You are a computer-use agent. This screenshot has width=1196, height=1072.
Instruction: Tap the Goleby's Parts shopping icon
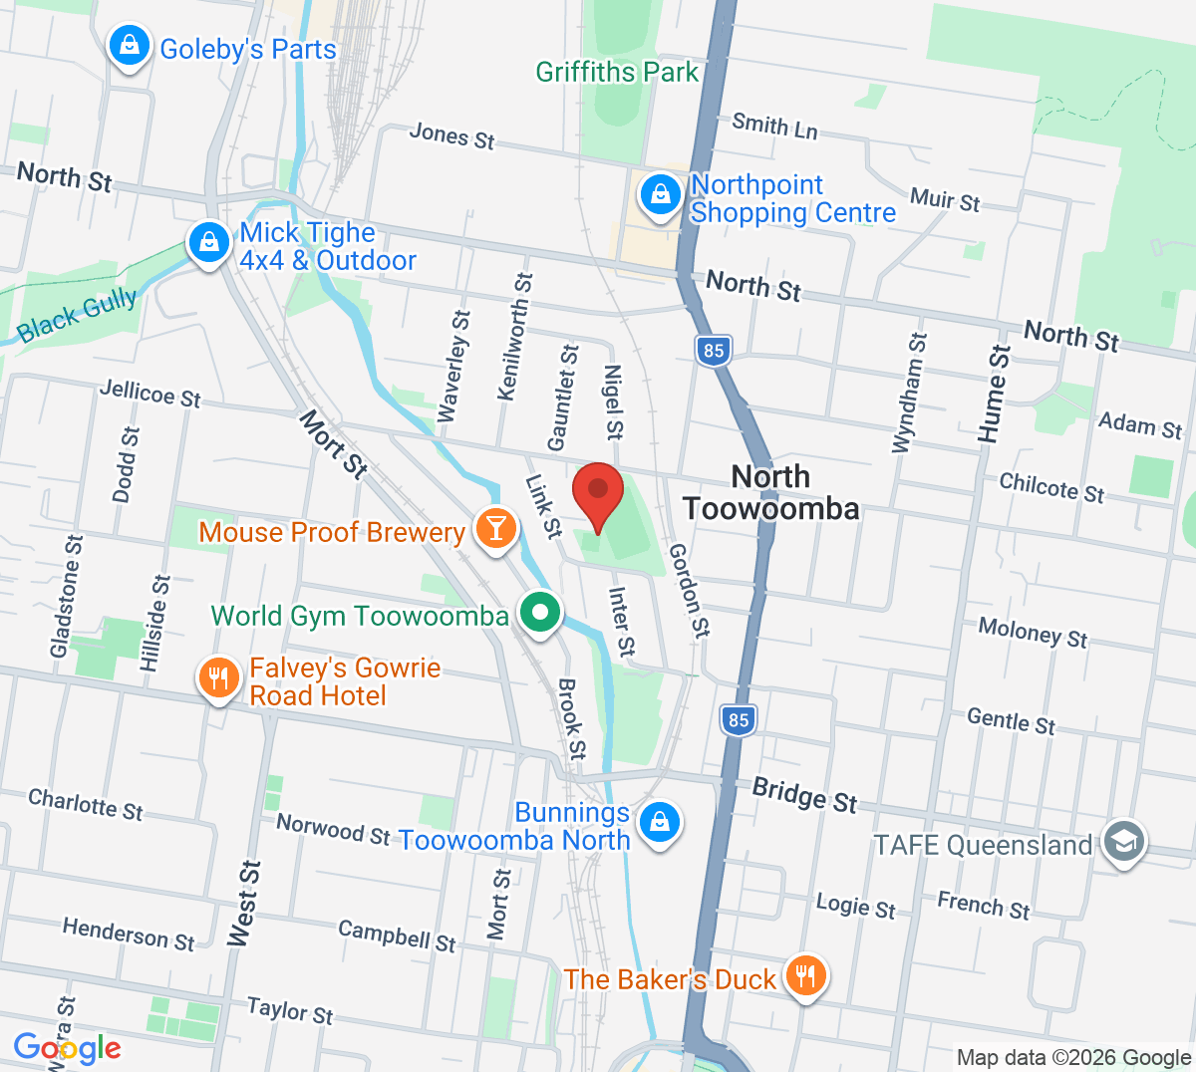(x=130, y=46)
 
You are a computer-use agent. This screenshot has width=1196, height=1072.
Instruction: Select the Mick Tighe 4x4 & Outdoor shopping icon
(x=209, y=243)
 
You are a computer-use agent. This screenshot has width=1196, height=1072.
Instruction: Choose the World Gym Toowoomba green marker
(x=540, y=612)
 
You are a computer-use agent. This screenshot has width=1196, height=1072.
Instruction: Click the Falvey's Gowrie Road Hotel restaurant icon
(x=218, y=678)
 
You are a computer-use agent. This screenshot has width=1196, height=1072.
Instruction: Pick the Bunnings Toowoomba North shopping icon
(x=659, y=823)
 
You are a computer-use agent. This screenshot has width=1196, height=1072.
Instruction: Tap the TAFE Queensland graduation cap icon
(x=1124, y=842)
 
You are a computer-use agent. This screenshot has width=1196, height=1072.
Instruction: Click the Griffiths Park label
(x=617, y=72)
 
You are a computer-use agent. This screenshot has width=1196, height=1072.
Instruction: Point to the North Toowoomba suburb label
(x=770, y=492)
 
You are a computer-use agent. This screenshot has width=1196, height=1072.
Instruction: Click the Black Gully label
(x=77, y=316)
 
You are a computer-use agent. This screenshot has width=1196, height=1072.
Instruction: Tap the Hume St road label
(x=994, y=394)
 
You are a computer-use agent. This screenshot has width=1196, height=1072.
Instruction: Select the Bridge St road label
(x=804, y=795)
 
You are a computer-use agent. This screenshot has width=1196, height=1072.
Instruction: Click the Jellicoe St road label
(x=149, y=394)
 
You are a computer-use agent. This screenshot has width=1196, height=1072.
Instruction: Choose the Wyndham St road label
(x=909, y=394)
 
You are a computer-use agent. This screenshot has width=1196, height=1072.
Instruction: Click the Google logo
(x=67, y=1048)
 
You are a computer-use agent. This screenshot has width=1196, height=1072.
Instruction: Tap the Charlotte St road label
(x=86, y=803)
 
